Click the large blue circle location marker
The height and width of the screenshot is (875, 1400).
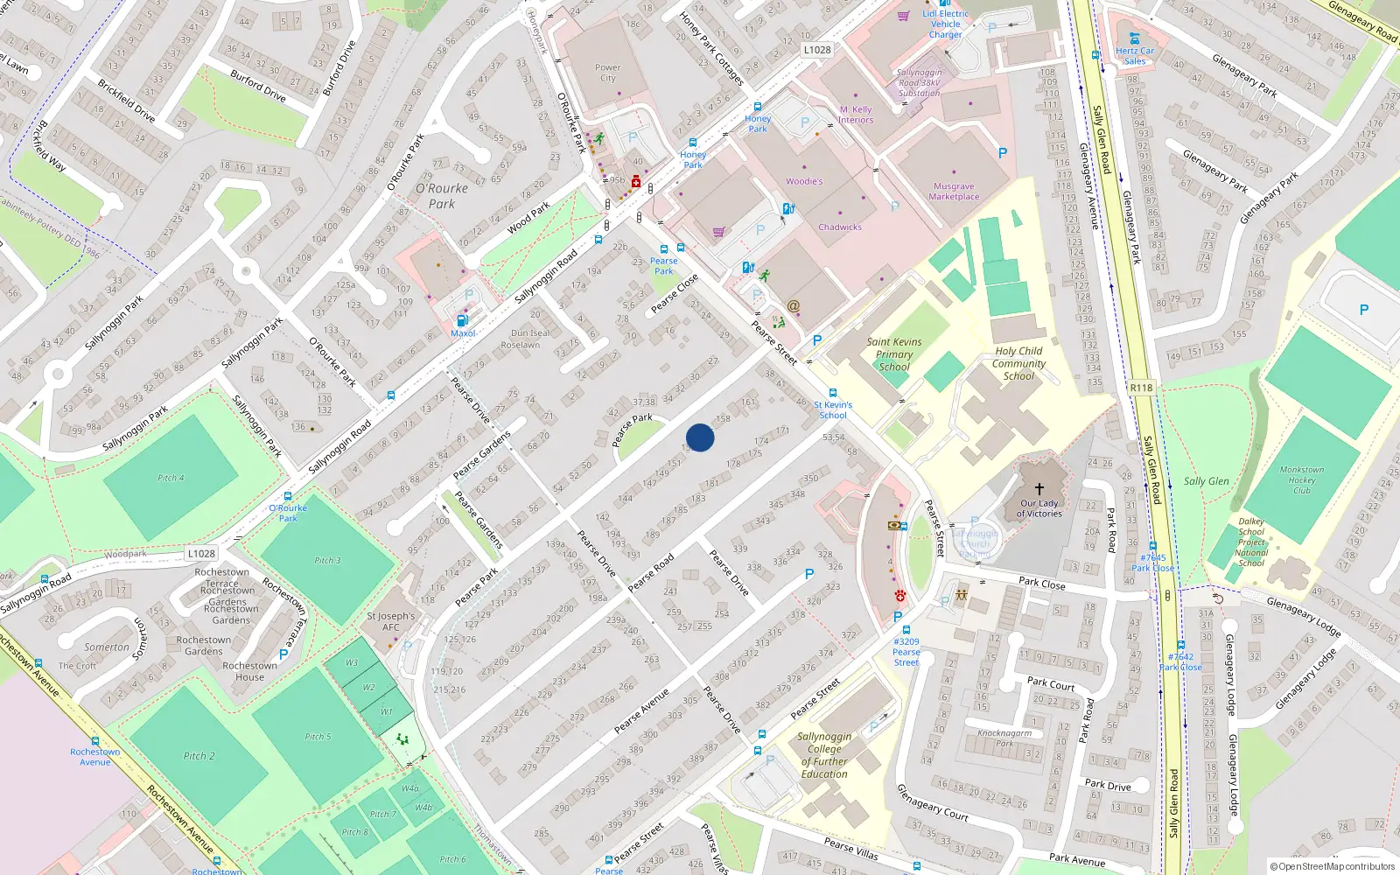[700, 437]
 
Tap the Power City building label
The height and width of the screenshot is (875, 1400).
[607, 73]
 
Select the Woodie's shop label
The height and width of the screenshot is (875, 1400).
[804, 181]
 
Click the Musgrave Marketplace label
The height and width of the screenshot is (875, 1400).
[954, 192]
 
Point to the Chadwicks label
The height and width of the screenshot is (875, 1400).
[840, 227]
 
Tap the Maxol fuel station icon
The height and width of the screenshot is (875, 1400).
[462, 321]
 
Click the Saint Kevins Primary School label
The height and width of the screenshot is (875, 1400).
[894, 354]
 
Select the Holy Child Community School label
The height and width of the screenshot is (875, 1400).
[1018, 363]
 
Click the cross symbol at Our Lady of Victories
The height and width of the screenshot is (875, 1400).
[1039, 489]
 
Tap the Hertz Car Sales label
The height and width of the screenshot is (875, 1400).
[1135, 56]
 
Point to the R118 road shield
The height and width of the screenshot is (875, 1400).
[1141, 388]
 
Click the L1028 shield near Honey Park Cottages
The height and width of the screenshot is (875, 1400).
[817, 50]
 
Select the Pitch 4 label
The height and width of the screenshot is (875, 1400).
[171, 478]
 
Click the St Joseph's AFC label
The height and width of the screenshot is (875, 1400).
[391, 621]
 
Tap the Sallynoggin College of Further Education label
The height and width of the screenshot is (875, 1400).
[824, 755]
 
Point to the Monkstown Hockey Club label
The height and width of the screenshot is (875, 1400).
[1302, 480]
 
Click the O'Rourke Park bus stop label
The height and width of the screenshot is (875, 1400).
[288, 513]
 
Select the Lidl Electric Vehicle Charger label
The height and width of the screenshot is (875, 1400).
[946, 24]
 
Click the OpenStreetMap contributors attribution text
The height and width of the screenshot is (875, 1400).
[1333, 866]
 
